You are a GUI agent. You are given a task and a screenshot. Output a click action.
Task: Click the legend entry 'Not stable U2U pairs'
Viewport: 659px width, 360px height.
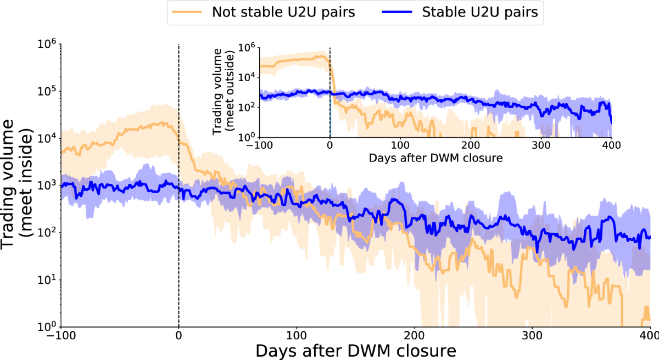point(283,13)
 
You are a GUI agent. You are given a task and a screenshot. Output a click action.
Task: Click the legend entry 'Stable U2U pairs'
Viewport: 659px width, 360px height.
point(480,13)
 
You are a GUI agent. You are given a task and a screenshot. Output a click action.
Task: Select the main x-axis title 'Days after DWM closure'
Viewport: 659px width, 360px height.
point(355,350)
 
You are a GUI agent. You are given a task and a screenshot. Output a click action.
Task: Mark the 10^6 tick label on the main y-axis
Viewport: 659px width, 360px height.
point(47,44)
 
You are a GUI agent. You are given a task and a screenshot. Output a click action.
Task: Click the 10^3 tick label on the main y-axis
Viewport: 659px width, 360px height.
point(47,185)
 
